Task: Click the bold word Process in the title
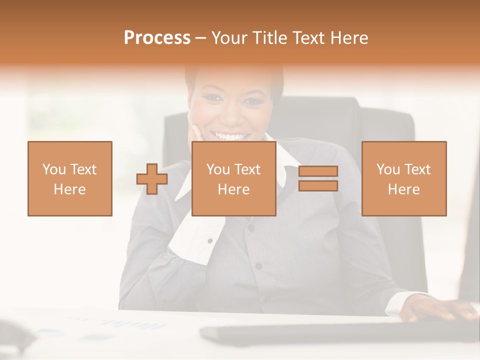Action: click(x=157, y=38)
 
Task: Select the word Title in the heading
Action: click(x=270, y=38)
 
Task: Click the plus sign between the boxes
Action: click(x=152, y=179)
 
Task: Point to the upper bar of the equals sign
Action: click(x=318, y=171)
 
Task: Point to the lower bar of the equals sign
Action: click(x=318, y=186)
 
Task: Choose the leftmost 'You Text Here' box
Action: click(x=69, y=178)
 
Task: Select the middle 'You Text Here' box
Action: click(x=233, y=178)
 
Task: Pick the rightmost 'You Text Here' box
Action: click(x=403, y=178)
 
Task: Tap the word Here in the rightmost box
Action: click(x=403, y=189)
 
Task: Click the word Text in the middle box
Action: click(x=247, y=169)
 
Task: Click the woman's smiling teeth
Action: click(x=230, y=135)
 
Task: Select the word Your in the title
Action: click(x=229, y=38)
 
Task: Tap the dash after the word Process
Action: click(x=201, y=38)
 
